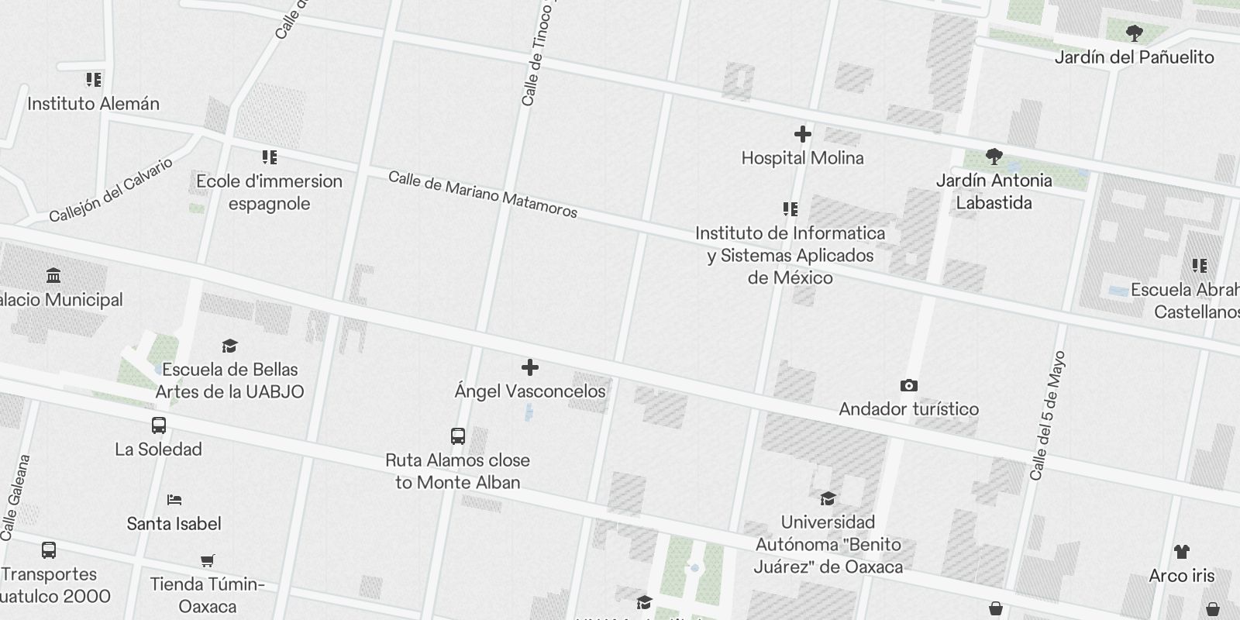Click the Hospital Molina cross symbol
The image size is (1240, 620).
802,135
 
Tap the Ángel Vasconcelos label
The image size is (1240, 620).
530,391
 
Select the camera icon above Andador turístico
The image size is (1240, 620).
909,385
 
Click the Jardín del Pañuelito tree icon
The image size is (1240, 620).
1134,33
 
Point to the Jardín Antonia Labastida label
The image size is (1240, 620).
994,191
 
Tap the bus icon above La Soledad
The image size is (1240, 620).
158,425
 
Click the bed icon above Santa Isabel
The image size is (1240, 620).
174,500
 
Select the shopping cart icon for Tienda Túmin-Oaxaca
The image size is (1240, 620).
207,560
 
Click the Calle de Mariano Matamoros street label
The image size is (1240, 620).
482,194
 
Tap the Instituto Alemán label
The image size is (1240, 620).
93,104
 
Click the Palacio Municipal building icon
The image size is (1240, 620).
53,276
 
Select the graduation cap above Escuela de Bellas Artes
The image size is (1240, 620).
229,346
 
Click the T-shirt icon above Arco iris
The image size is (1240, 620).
1181,552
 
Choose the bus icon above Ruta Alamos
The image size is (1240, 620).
457,436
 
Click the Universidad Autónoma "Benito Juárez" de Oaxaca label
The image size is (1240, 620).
828,544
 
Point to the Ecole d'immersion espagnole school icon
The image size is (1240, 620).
269,157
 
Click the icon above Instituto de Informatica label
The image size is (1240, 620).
790,209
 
